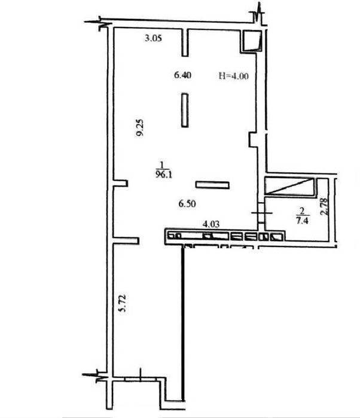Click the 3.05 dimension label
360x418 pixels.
pos(153,38)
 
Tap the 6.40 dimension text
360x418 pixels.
pos(182,75)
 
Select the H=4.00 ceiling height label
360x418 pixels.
pos(234,76)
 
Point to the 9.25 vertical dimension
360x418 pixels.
pos(140,127)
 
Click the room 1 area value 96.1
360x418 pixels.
pos(163,175)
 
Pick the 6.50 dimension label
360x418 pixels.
pos(187,204)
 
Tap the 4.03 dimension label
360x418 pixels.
pos(211,224)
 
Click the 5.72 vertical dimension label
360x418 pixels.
pos(122,303)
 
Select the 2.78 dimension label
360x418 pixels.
pos(325,206)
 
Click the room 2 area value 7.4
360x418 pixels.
pos(302,221)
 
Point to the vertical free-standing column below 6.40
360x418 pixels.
pos(185,110)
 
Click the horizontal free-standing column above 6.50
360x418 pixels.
pos(212,185)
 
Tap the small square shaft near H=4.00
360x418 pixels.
pos(252,40)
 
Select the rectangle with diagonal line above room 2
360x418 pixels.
pos(289,187)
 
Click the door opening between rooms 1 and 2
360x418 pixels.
pos(261,213)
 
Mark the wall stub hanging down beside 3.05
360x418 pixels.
pos(185,42)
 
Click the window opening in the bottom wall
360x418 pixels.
pos(141,379)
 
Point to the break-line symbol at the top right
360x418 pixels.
pos(258,16)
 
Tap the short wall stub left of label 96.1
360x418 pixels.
pos(120,183)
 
